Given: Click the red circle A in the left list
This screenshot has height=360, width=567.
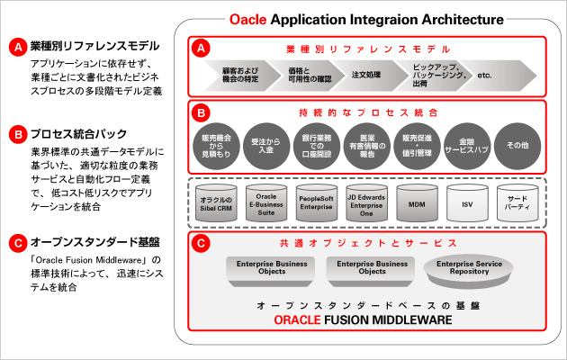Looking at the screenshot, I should (14, 45).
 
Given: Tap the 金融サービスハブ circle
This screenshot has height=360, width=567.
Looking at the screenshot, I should (466, 147).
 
